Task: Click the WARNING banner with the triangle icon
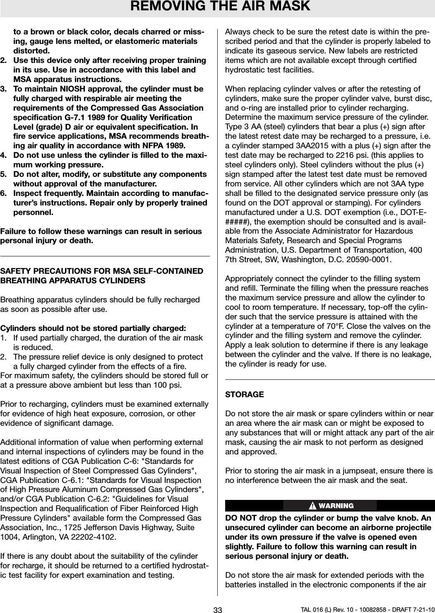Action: click(330, 506)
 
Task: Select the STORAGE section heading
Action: click(244, 395)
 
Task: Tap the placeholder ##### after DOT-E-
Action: click(236, 224)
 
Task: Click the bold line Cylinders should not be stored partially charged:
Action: click(94, 329)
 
